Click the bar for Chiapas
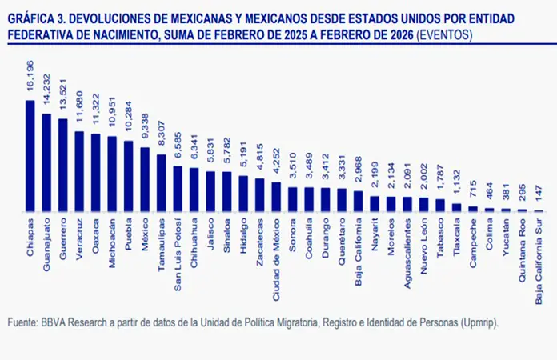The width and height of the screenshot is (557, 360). (x=30, y=156)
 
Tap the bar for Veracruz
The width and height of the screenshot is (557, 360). (x=79, y=171)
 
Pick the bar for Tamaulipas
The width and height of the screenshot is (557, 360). (x=161, y=183)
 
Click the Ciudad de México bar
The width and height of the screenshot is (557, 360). (x=275, y=197)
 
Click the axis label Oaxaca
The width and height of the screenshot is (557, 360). (x=96, y=233)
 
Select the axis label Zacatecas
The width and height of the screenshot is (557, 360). (x=260, y=238)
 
